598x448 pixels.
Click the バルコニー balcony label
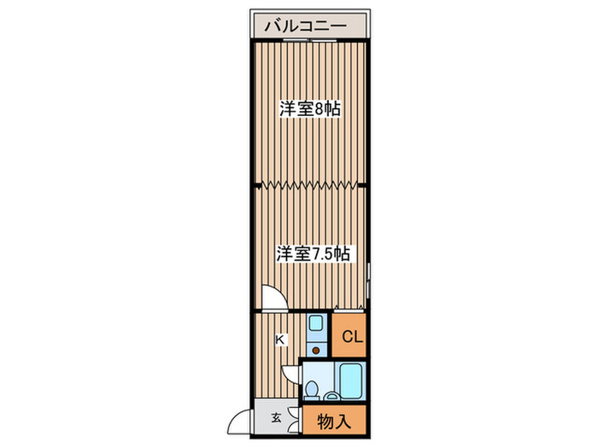point(305,26)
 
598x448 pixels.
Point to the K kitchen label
point(280,340)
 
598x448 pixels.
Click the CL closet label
point(352,337)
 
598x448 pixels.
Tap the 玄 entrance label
point(277,418)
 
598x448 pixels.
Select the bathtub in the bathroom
point(350,379)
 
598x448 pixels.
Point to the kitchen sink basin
point(315,324)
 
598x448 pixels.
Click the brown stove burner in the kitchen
point(316,349)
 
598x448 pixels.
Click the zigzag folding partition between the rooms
point(310,183)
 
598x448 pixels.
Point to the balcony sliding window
point(310,41)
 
